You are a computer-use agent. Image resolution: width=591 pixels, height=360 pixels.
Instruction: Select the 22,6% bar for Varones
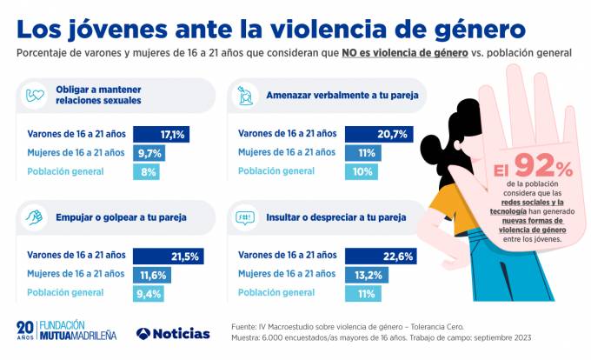(381, 256)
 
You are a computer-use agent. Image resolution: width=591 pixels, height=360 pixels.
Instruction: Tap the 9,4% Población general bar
(149, 293)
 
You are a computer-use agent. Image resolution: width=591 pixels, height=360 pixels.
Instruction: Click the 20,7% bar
(376, 135)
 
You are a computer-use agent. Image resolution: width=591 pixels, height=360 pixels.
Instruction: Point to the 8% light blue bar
(146, 172)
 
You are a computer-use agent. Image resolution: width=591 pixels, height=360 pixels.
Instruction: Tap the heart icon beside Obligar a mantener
(35, 95)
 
